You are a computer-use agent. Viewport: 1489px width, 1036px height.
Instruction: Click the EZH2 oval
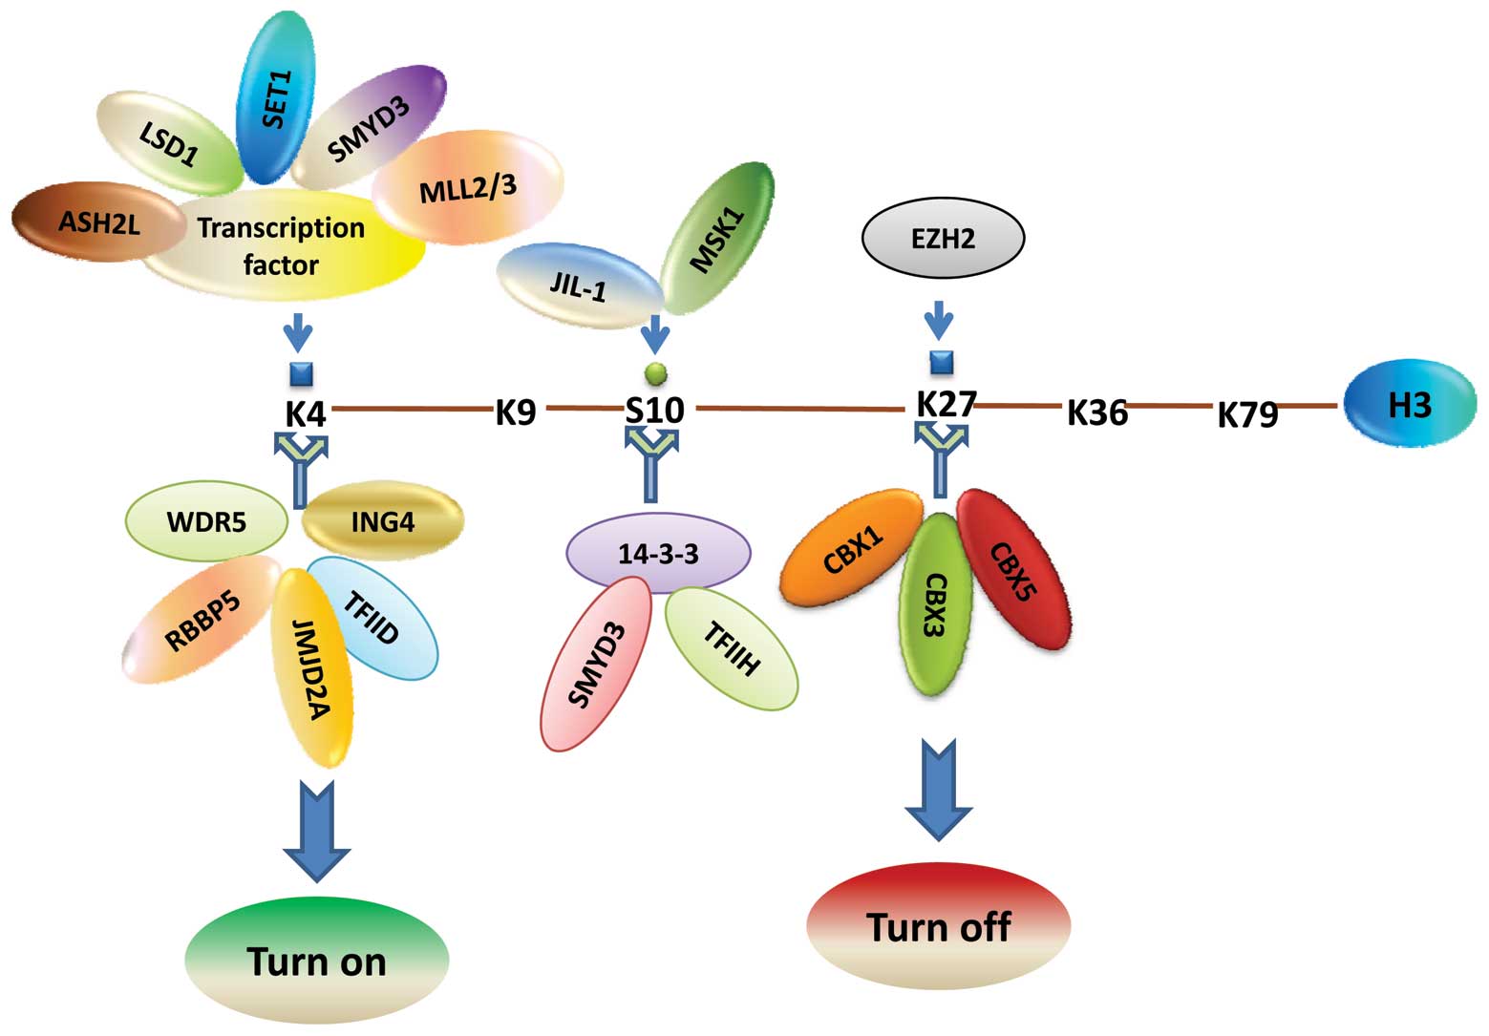943,238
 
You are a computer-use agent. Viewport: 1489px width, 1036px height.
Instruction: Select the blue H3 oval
1409,404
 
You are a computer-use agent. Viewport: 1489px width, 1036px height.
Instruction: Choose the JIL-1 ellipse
578,285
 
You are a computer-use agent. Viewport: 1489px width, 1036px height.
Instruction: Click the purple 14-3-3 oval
659,554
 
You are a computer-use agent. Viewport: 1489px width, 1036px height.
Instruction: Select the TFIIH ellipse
731,649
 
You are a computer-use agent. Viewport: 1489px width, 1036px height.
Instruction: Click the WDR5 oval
206,522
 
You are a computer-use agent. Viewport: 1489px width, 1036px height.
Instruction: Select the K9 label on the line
516,412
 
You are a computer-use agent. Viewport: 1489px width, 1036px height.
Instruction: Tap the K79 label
1247,414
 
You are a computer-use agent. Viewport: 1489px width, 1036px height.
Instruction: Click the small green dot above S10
655,371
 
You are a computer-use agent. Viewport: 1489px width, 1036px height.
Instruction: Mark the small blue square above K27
942,363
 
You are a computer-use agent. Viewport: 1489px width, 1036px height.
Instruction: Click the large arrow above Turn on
317,829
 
